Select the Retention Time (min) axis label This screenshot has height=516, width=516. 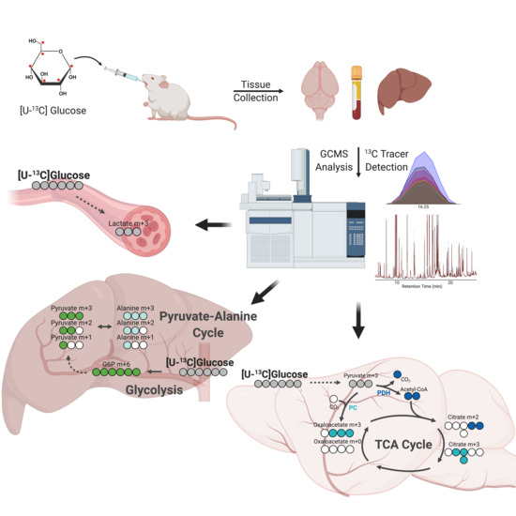(x=437, y=288)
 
